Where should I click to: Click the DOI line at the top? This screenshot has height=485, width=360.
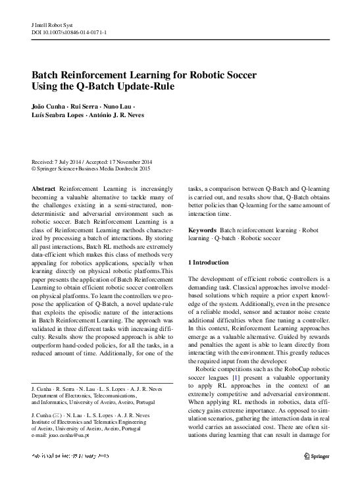[68, 30]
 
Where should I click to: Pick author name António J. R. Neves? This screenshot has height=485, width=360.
[120, 115]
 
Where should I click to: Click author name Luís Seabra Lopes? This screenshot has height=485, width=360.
[59, 115]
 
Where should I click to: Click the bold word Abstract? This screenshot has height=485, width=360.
[43, 188]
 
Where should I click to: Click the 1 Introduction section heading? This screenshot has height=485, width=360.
[209, 263]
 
